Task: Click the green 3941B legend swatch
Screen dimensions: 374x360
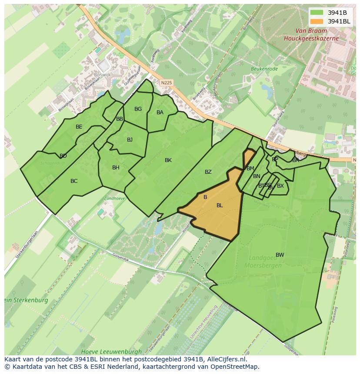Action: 317,13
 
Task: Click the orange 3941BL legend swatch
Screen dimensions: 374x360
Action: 317,21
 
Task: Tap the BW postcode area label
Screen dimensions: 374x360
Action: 280,255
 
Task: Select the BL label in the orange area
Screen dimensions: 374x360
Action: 220,205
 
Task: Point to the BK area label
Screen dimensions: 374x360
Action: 168,160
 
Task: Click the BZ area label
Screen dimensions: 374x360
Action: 208,172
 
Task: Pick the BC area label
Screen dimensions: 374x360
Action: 74,181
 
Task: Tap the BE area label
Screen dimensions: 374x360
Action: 79,127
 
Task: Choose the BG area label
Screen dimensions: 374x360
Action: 138,109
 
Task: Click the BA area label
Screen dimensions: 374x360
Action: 160,113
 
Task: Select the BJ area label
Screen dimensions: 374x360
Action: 130,140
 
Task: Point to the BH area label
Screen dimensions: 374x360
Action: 116,168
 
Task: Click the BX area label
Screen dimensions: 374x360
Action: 280,186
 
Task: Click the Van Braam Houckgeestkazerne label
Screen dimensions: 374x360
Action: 310,35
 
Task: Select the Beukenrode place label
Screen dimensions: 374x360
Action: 264,69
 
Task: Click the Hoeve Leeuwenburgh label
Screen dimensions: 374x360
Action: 111,351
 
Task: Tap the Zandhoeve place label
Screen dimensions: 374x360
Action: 114,198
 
